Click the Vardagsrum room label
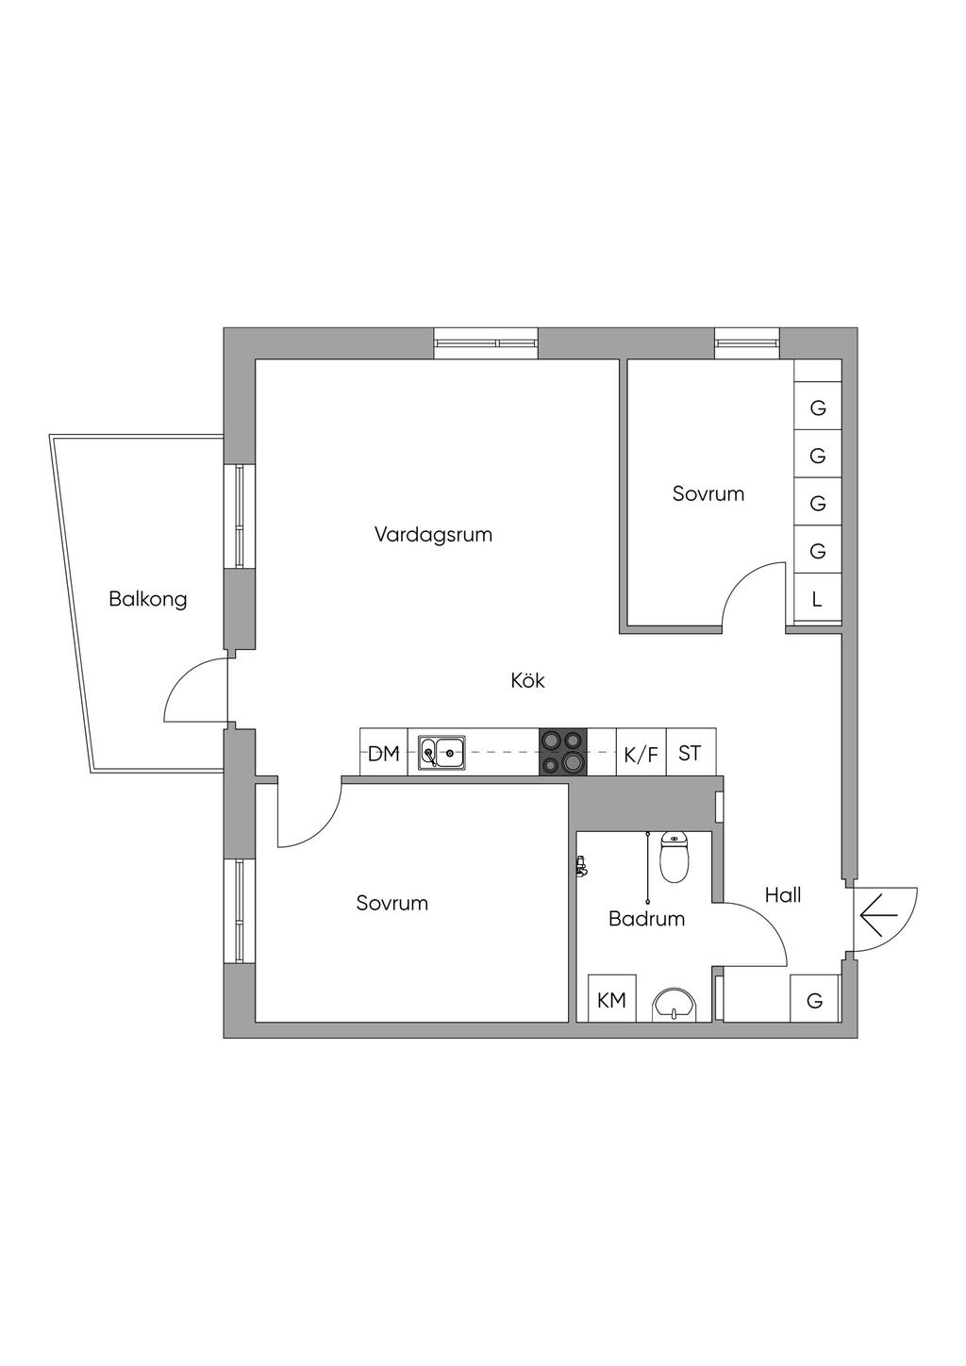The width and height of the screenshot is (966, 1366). (x=433, y=535)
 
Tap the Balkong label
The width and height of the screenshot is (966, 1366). (x=148, y=599)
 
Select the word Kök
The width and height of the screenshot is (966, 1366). (x=528, y=680)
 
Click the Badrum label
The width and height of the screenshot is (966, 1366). (x=646, y=918)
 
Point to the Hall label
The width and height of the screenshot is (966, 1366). (x=783, y=894)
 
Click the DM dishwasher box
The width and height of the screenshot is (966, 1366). (x=383, y=753)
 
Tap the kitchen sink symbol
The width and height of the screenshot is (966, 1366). (x=441, y=753)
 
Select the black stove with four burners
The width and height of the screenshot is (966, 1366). (x=562, y=753)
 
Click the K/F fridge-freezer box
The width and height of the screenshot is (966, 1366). (x=641, y=754)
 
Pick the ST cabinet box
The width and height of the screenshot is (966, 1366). (x=691, y=753)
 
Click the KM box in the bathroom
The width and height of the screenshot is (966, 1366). (x=611, y=1000)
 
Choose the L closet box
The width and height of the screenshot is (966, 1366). (x=817, y=599)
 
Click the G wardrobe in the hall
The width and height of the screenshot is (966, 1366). (x=815, y=1000)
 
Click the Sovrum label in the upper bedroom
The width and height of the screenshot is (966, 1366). (x=708, y=493)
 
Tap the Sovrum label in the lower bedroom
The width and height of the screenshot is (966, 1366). (x=392, y=903)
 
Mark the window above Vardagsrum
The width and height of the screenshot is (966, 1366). (x=486, y=343)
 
